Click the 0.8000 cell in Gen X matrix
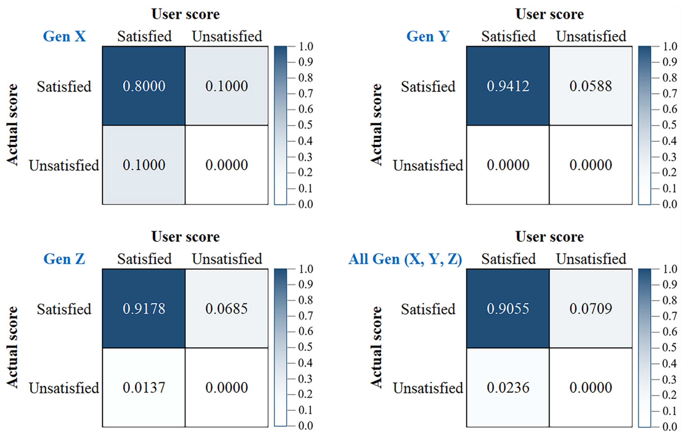click(x=144, y=86)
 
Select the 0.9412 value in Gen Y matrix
click(x=508, y=86)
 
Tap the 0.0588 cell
click(x=591, y=86)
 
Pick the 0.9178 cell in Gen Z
click(x=144, y=309)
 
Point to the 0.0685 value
click(x=226, y=309)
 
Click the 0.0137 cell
click(x=144, y=387)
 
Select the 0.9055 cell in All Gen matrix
click(x=508, y=309)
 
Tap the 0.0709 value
click(x=591, y=309)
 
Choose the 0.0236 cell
click(x=508, y=387)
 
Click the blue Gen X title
click(x=64, y=36)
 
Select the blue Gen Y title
click(x=428, y=36)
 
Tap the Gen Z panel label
click(x=64, y=259)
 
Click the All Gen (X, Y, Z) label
click(x=405, y=259)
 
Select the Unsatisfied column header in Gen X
click(x=227, y=36)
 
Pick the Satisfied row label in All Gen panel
click(x=428, y=309)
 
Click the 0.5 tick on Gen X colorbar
click(x=305, y=125)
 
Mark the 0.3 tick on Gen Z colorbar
click(x=305, y=379)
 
